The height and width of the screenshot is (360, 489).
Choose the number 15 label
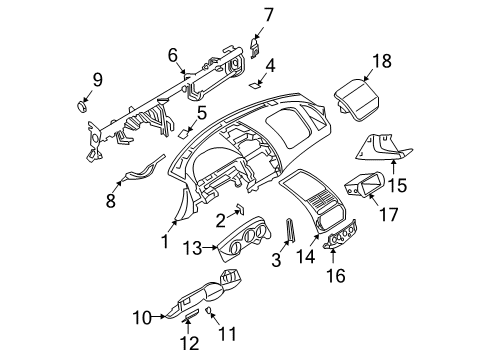point(398,186)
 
